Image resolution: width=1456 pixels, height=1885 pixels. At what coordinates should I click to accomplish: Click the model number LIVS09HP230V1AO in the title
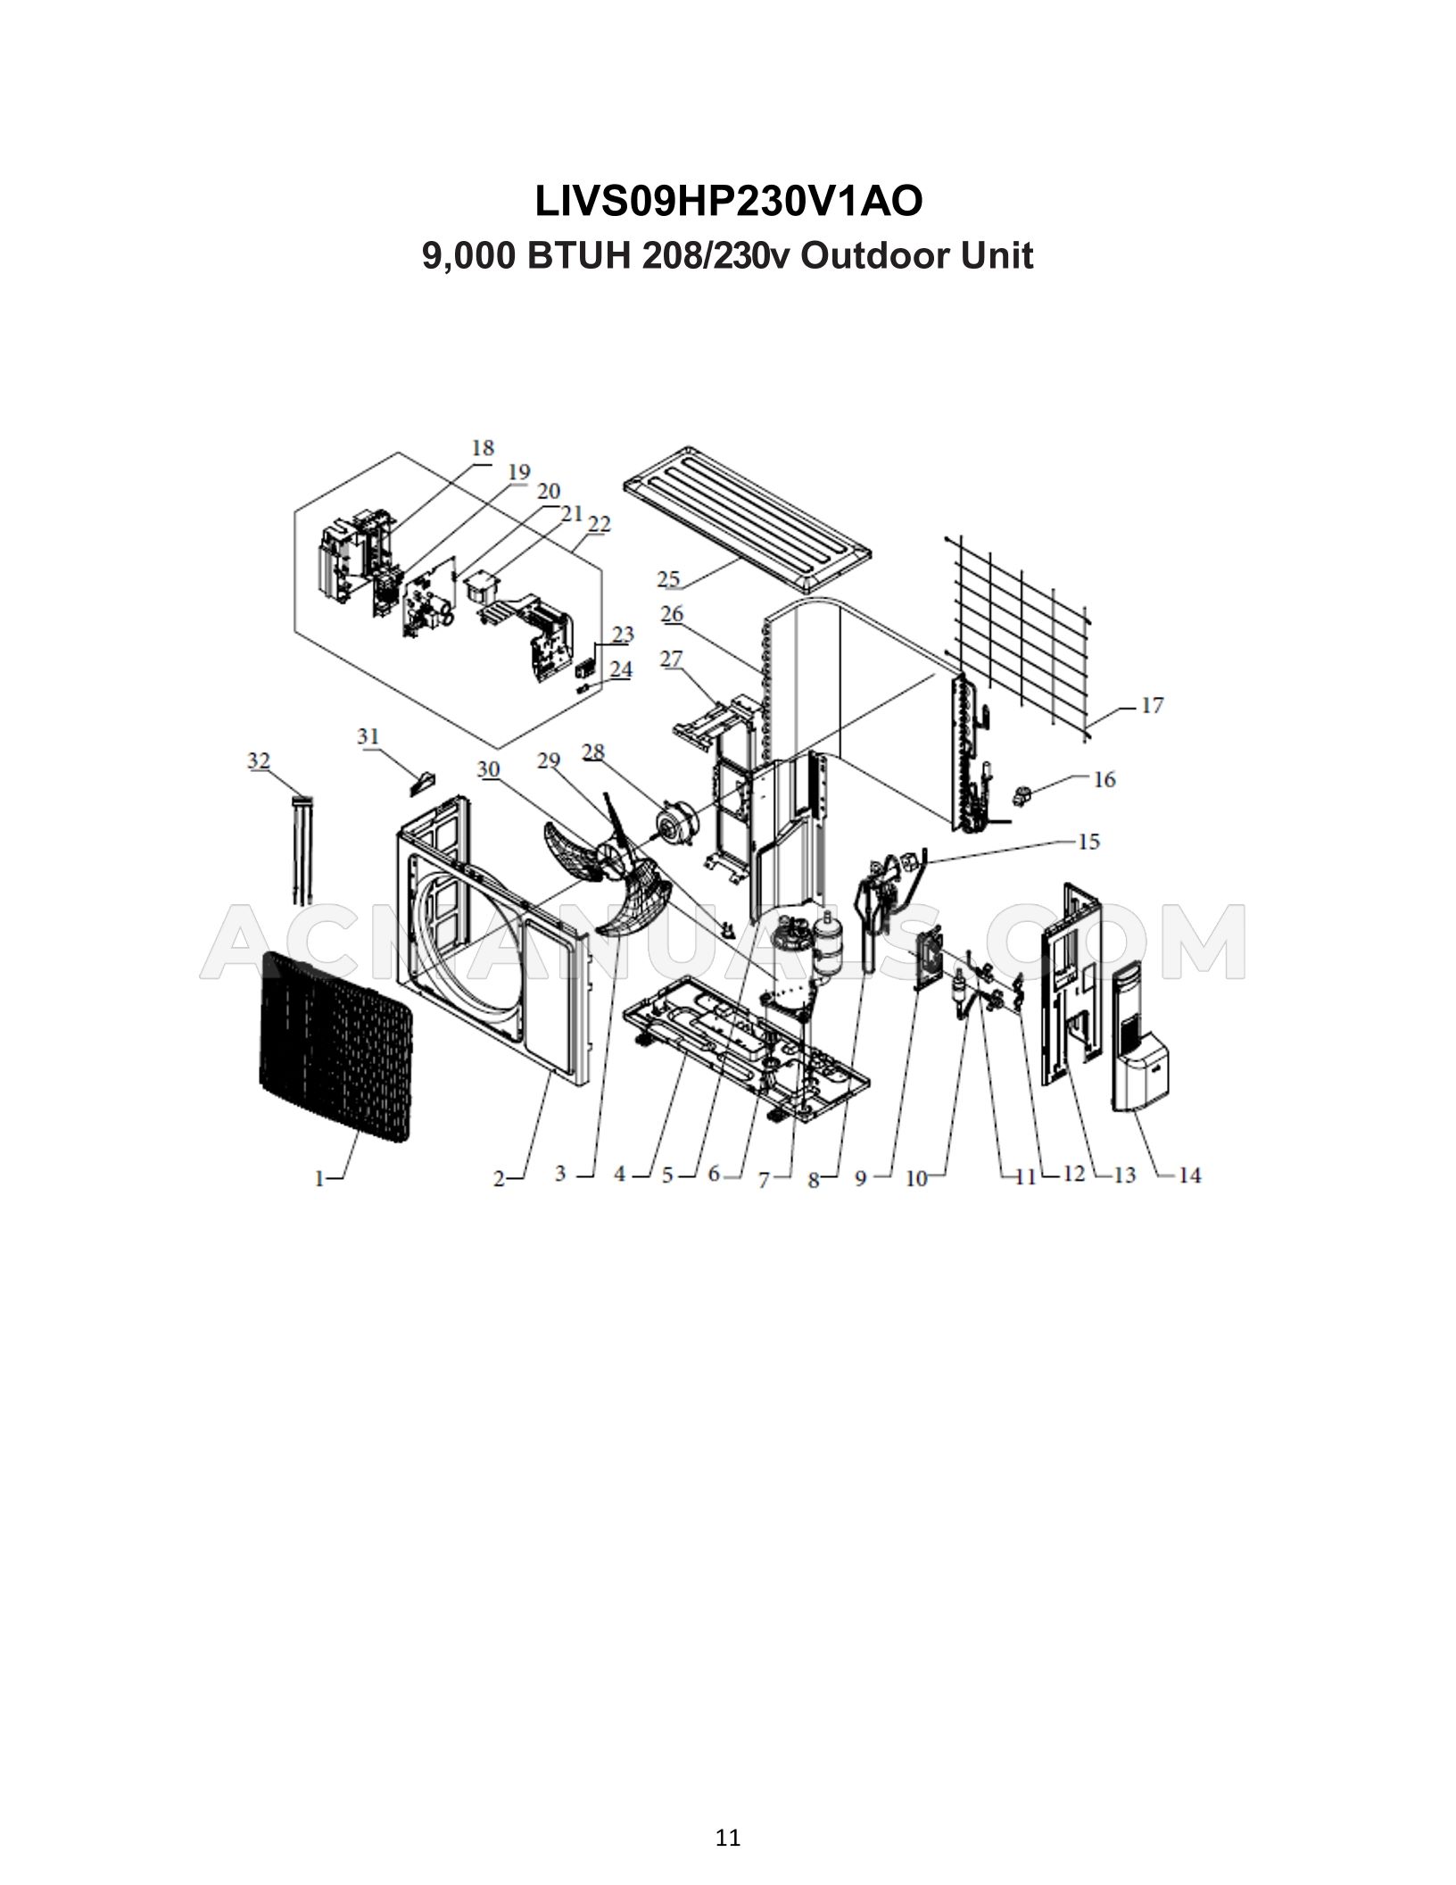pyautogui.click(x=728, y=202)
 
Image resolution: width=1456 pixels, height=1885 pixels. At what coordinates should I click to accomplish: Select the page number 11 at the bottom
pyautogui.click(x=728, y=1663)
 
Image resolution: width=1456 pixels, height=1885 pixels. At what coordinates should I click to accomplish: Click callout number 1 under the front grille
pyautogui.click(x=319, y=1179)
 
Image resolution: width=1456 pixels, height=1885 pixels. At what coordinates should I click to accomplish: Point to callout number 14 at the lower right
pyautogui.click(x=1189, y=1175)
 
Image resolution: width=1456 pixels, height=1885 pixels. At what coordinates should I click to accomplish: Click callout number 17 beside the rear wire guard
pyautogui.click(x=1152, y=706)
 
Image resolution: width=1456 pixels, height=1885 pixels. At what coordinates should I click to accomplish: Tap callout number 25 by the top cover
pyautogui.click(x=669, y=578)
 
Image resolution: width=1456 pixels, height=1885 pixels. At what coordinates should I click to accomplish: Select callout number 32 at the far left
pyautogui.click(x=259, y=760)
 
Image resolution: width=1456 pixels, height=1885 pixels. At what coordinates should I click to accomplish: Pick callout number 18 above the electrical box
pyautogui.click(x=483, y=448)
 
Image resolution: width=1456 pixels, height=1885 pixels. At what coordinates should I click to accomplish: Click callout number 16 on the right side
pyautogui.click(x=1104, y=779)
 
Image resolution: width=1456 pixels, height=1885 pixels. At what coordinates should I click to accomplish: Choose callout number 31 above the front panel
pyautogui.click(x=368, y=736)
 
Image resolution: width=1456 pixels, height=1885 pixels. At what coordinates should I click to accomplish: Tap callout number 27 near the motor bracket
pyautogui.click(x=671, y=660)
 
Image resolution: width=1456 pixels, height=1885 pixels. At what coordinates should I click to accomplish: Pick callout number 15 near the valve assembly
pyautogui.click(x=1088, y=842)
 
